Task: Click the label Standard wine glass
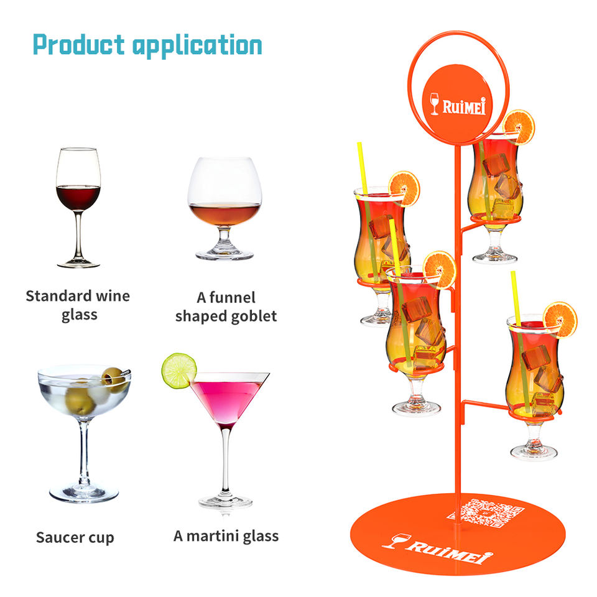78,305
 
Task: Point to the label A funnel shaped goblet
225,307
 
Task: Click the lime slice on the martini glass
178,370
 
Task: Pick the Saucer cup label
75,537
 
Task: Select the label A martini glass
226,535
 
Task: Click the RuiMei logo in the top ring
458,104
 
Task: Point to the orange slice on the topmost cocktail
519,126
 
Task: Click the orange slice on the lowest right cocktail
560,318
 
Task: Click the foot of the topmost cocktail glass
495,256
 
